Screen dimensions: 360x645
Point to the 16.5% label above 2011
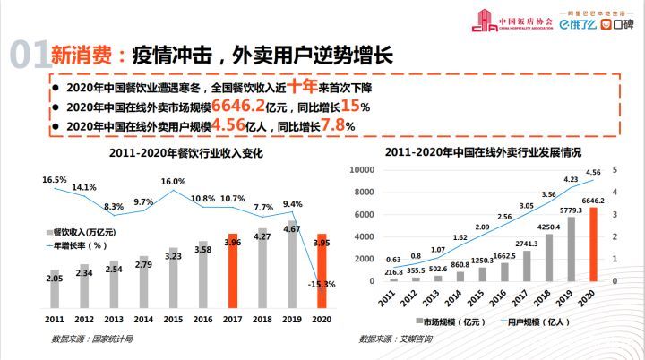(56, 180)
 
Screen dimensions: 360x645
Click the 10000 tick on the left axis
(362, 170)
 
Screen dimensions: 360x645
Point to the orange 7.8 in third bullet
(332, 126)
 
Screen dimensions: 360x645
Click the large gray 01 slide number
(28, 55)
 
